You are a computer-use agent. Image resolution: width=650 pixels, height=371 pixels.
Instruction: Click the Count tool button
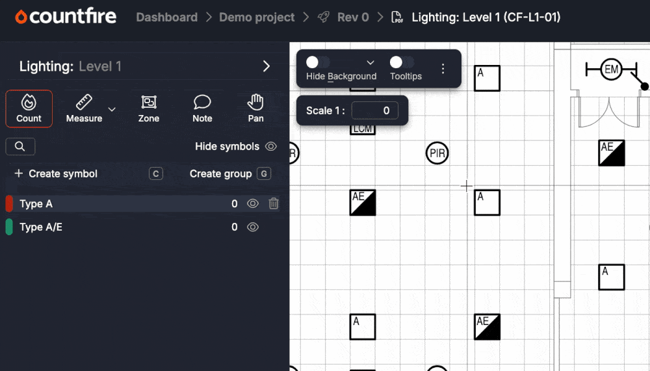click(29, 108)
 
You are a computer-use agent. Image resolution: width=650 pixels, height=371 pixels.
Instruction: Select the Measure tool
click(84, 108)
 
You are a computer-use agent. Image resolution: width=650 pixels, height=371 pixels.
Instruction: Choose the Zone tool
click(149, 108)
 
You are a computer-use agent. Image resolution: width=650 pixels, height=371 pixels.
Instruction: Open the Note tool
click(202, 108)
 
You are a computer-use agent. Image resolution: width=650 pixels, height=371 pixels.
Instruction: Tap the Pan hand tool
click(255, 108)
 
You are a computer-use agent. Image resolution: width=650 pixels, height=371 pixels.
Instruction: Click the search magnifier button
click(20, 147)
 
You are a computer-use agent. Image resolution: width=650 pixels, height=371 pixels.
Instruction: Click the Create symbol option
click(56, 173)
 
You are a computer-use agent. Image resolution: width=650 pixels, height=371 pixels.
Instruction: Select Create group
click(220, 173)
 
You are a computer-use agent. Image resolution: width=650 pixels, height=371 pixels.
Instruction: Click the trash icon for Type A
click(274, 204)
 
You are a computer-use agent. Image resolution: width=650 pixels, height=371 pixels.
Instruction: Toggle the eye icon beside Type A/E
click(253, 227)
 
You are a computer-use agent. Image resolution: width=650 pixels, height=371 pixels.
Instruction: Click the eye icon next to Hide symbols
click(271, 147)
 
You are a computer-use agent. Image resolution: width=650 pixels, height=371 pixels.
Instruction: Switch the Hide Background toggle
click(318, 62)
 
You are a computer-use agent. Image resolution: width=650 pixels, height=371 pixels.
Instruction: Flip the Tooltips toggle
click(402, 62)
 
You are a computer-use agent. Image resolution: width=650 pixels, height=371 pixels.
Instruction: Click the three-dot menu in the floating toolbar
click(443, 68)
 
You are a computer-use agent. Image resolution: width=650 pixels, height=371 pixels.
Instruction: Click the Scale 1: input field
click(374, 110)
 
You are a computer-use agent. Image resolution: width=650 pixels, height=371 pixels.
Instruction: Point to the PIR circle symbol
click(437, 154)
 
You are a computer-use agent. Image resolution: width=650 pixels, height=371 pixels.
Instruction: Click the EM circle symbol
click(611, 69)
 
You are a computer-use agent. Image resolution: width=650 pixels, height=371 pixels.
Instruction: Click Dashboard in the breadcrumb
click(166, 18)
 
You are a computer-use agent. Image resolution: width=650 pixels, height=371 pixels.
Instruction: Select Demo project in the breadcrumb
click(257, 18)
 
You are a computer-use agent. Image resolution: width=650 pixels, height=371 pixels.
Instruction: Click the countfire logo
click(66, 17)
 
